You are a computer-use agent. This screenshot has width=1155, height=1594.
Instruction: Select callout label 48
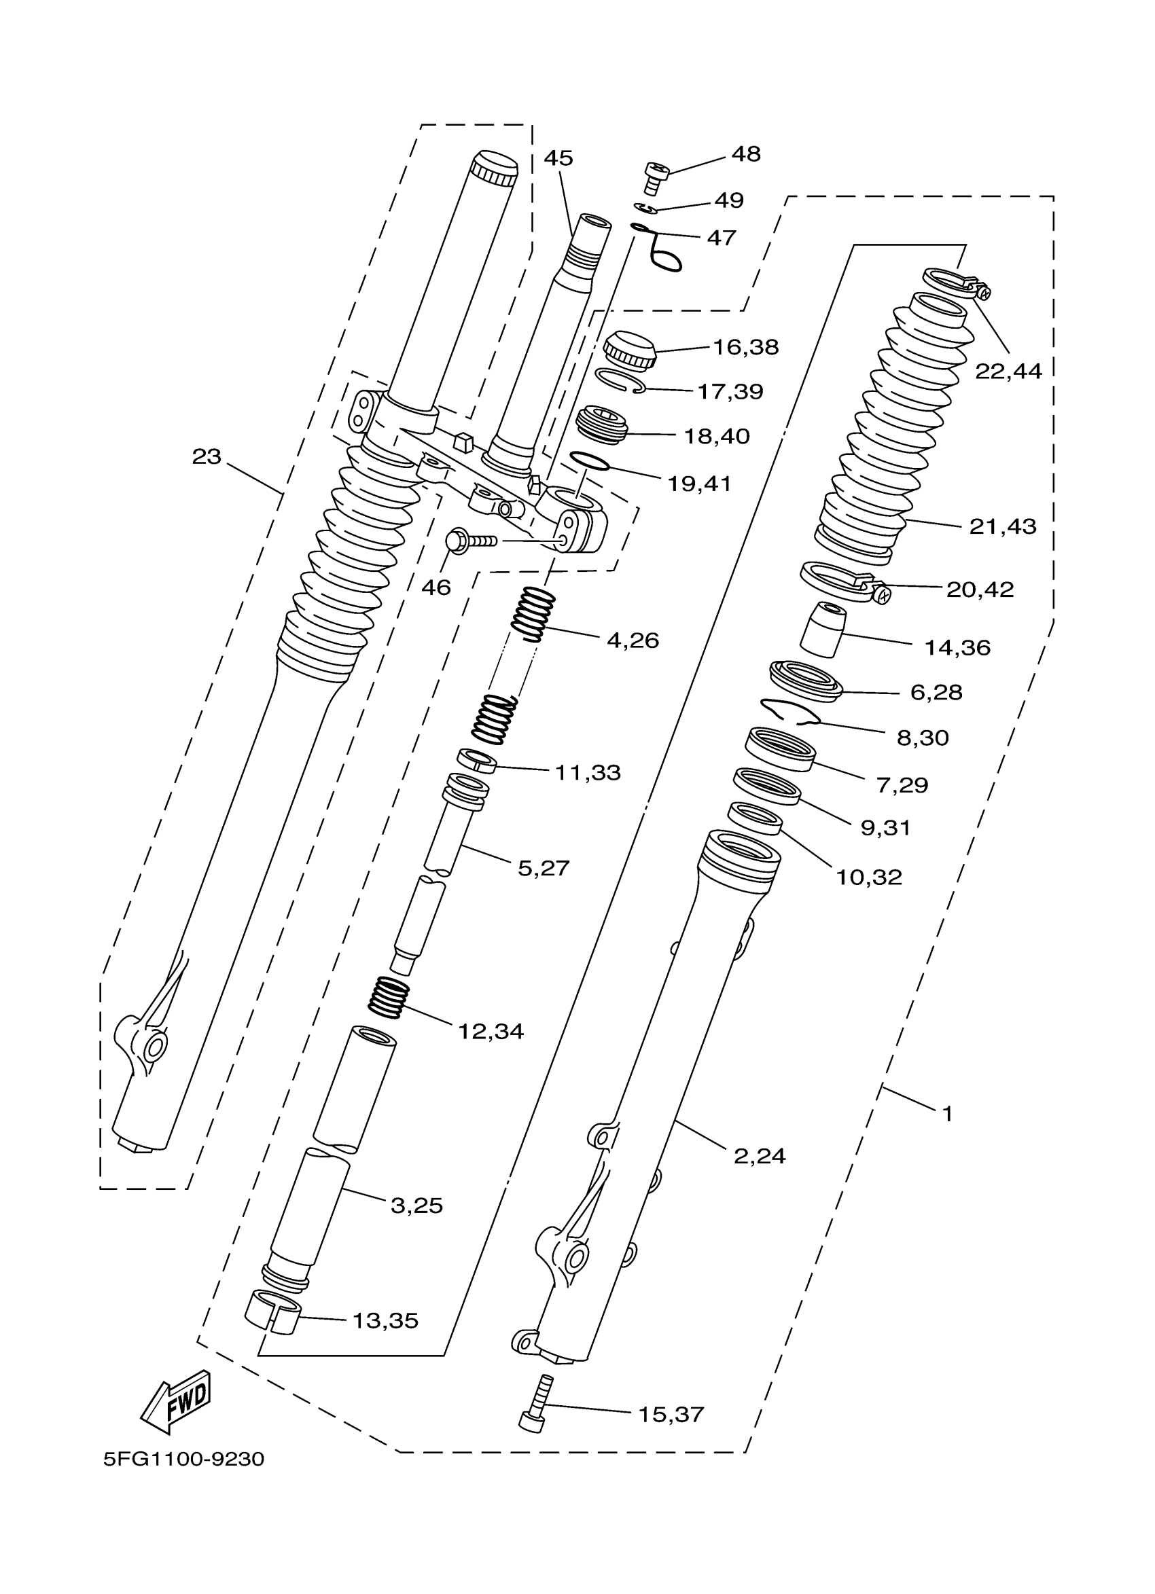coord(746,155)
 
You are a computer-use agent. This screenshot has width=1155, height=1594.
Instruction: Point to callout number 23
coord(207,458)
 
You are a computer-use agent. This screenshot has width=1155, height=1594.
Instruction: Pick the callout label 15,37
coord(671,1414)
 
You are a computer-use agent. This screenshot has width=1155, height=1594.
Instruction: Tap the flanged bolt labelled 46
coord(467,541)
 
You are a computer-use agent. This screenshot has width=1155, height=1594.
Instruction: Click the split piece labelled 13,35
coord(272,1311)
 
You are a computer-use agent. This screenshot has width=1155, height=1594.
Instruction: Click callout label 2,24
coord(759,1156)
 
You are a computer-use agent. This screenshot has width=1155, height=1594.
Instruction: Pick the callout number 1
coord(948,1114)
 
